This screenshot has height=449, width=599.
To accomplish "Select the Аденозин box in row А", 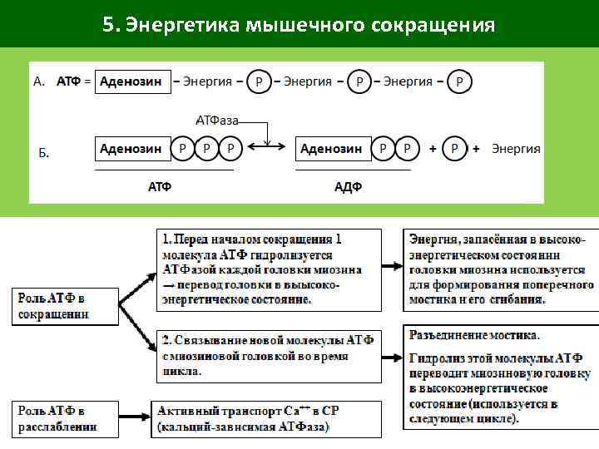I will tap(131, 81).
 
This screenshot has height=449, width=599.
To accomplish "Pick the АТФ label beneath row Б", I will tap(160, 186).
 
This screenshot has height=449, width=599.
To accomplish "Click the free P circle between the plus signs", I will tap(454, 149).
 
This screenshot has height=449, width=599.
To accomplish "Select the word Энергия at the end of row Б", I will tap(516, 149).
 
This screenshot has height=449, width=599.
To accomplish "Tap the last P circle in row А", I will tap(460, 81).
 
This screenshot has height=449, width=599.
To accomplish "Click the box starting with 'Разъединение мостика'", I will tap(500, 377).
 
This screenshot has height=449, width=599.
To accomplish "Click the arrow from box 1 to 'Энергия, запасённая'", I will tap(392, 266).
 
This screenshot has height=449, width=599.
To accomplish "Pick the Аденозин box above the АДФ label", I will tap(331, 149).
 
